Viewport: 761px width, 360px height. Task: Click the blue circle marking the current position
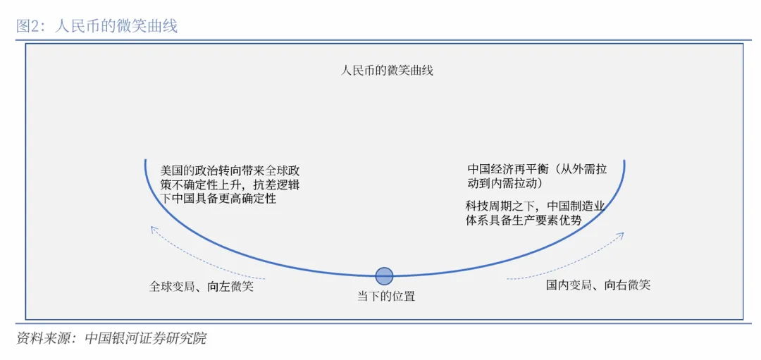pos(384,275)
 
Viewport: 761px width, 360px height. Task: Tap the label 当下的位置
pos(385,296)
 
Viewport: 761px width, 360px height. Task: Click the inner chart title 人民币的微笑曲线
pos(387,70)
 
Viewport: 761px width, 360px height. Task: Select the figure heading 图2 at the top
pos(29,26)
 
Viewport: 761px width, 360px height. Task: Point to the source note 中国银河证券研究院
pos(145,338)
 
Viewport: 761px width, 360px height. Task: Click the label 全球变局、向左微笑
pos(201,286)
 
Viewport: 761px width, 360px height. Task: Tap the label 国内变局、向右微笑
pos(598,285)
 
